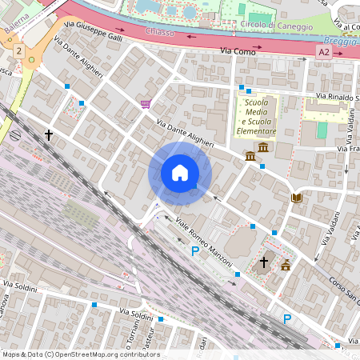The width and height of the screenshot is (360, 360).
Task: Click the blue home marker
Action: coord(180,172)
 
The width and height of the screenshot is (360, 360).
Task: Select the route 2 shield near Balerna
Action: coord(18,50)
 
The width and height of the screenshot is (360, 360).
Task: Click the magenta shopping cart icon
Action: coord(145,104)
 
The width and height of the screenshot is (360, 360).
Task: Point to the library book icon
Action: coord(296,198)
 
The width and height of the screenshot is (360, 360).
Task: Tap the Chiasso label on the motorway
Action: coord(161,32)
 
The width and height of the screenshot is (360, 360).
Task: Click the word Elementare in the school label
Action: coord(256,130)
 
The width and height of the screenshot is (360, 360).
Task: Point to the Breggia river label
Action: coord(342,40)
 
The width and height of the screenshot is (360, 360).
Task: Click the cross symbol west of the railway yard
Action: coord(49,136)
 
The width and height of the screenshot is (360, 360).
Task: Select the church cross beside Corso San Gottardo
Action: coord(264,262)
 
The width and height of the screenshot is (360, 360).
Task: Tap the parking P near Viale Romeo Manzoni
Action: coord(195,252)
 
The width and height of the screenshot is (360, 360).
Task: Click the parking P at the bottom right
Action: coord(287,318)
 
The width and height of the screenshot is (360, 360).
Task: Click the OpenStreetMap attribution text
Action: coord(80,354)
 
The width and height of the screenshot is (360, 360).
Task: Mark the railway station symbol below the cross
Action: coord(17,136)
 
